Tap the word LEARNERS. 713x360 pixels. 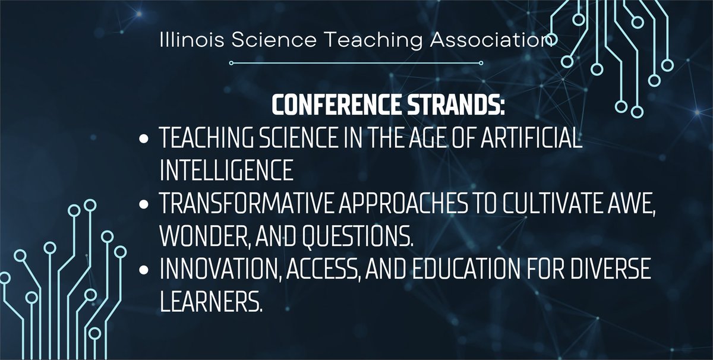tap(211, 302)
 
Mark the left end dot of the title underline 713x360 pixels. tap(231, 62)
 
